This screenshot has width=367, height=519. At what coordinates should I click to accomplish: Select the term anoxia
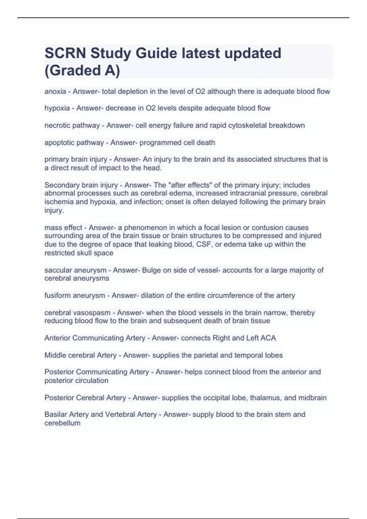click(55, 92)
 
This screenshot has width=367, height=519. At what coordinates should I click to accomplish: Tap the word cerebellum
click(62, 423)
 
